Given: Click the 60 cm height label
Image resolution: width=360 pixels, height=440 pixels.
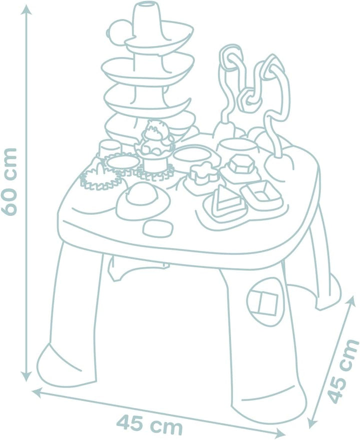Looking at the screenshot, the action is pyautogui.click(x=9, y=181).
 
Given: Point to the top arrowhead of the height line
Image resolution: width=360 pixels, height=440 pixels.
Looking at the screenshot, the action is pyautogui.click(x=26, y=10).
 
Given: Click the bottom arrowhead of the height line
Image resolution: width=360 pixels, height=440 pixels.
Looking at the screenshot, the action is pyautogui.click(x=26, y=376).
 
